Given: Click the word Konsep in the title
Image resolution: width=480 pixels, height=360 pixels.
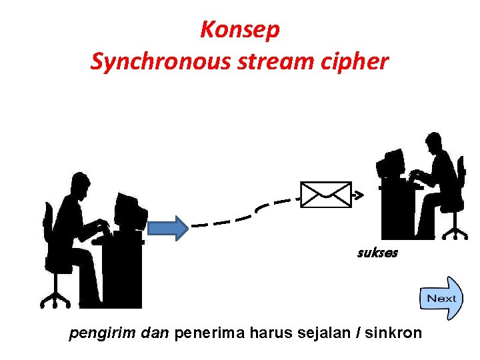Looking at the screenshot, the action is pos(240,30).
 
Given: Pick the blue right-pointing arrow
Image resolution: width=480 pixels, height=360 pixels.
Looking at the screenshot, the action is pos(167,227).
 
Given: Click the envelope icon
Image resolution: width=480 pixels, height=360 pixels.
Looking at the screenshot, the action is pos(325,195).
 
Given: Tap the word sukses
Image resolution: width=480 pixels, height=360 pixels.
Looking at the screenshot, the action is pos(377,253).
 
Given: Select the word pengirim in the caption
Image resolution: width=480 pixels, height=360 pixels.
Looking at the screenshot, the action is pos(97,333).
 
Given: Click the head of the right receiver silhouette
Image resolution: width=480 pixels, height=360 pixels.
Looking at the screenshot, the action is pos(434,141).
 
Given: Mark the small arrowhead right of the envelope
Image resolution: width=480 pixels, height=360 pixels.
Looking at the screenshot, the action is pos(358,195).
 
